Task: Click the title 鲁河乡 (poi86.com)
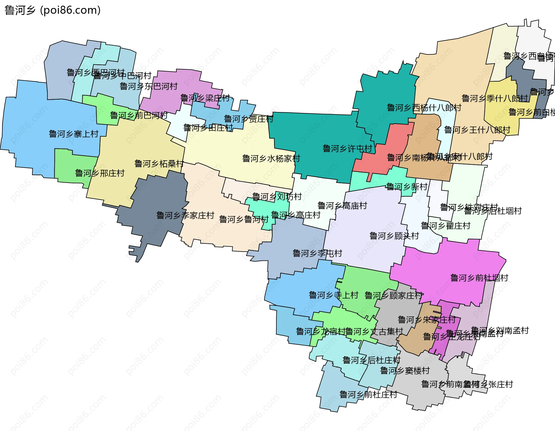53,10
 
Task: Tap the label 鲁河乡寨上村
74,134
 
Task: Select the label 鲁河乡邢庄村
99,173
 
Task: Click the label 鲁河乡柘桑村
159,164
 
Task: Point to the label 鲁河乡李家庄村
185,215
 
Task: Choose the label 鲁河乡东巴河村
149,86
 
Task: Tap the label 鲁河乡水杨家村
271,158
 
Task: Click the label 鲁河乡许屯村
347,148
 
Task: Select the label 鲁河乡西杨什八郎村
424,108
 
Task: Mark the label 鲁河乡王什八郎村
477,130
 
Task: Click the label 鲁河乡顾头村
394,236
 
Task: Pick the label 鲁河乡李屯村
317,253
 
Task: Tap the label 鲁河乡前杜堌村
479,278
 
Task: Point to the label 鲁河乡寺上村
333,295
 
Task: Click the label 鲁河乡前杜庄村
368,395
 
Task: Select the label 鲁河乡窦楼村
405,371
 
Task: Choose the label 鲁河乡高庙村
342,206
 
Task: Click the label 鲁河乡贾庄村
248,119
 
